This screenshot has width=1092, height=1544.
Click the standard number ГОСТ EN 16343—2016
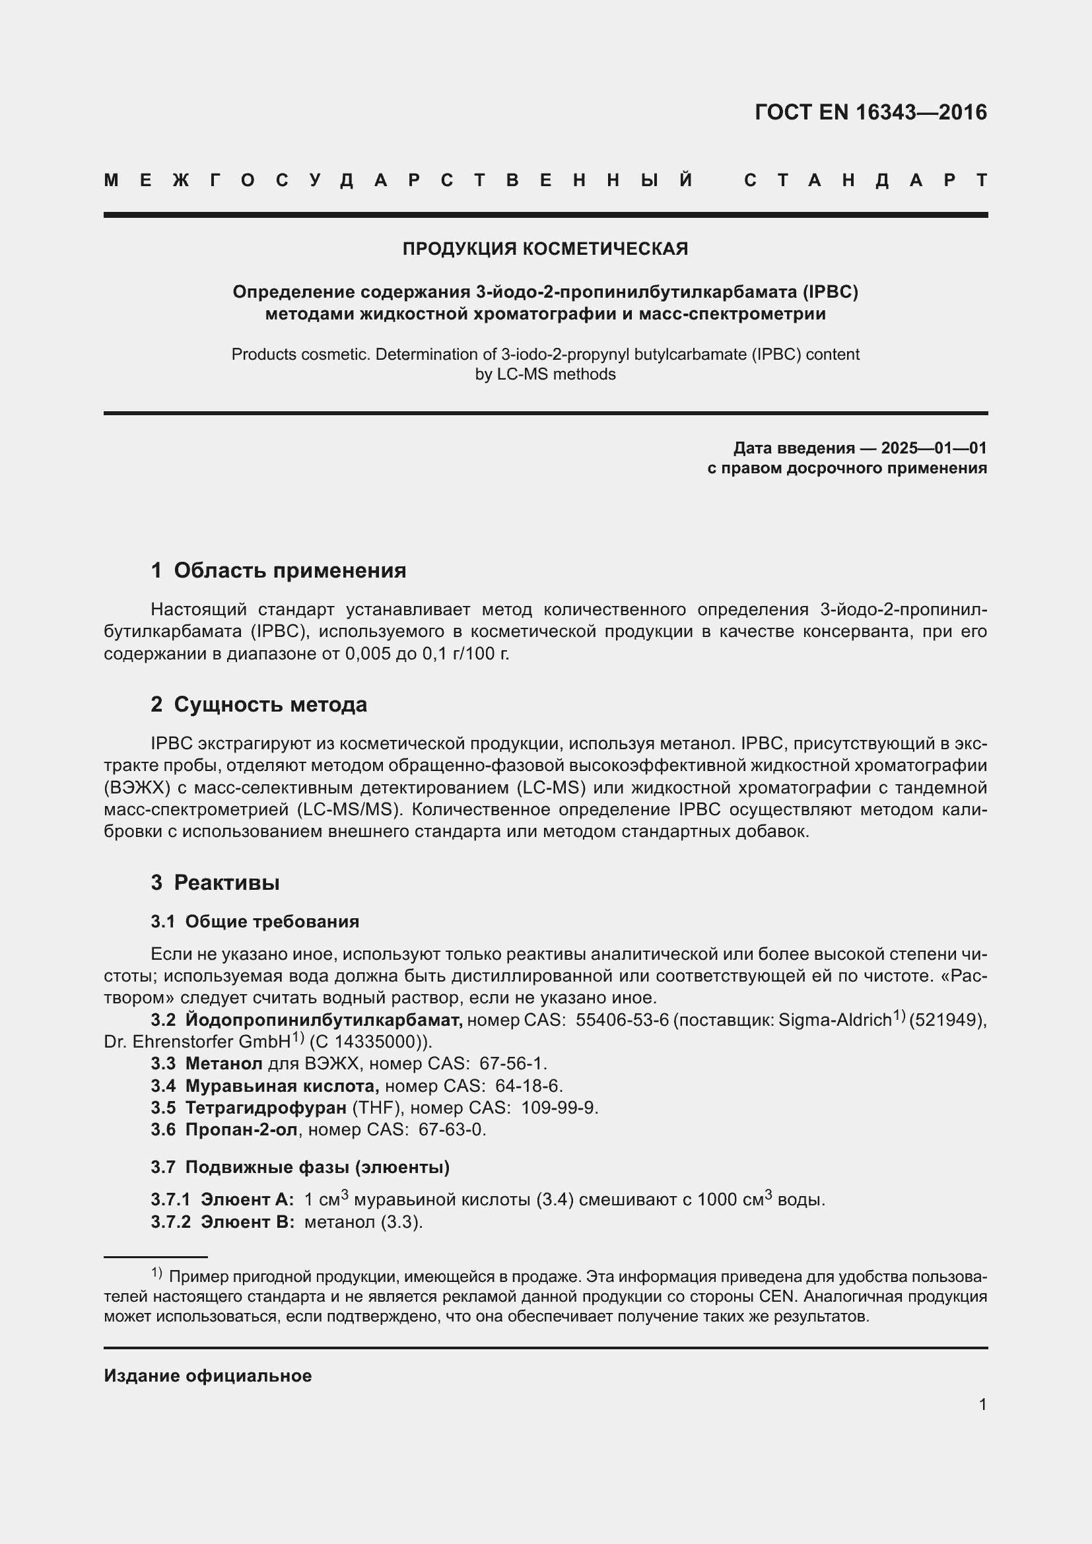[870, 112]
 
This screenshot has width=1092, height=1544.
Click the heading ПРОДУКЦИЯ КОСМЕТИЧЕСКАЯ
[545, 249]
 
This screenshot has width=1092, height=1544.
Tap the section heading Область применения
[290, 570]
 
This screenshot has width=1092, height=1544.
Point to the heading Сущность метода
[270, 704]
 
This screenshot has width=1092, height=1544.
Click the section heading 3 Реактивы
[215, 883]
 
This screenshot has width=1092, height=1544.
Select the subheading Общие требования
[271, 922]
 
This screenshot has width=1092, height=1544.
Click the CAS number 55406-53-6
[622, 1020]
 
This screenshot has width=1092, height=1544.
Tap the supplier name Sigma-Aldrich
[835, 1020]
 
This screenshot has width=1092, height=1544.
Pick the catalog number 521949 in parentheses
[944, 1020]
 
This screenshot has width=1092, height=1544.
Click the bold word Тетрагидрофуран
[265, 1108]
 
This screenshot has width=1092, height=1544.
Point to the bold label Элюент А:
[247, 1199]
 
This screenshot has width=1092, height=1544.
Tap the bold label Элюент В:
[247, 1222]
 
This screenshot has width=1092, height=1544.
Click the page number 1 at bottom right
[982, 1404]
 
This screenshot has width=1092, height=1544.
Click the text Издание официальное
[208, 1375]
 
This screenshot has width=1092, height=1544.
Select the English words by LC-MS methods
[545, 374]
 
